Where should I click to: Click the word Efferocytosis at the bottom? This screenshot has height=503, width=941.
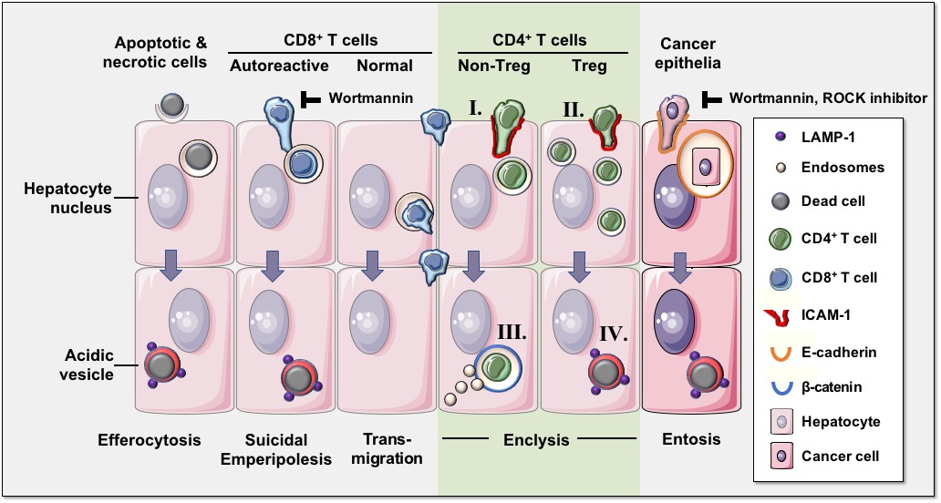(x=150, y=440)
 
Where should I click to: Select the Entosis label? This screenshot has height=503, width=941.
(x=690, y=439)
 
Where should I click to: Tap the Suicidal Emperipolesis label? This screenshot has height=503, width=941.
(x=278, y=449)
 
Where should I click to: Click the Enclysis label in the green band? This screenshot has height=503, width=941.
(x=537, y=440)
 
